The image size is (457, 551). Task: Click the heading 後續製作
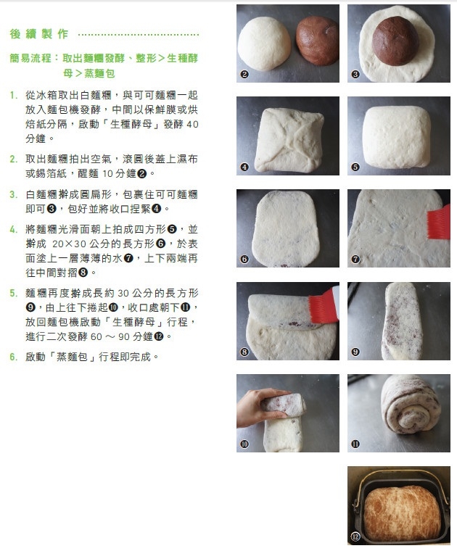coord(39,34)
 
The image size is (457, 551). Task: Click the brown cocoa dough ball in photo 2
coord(317,41)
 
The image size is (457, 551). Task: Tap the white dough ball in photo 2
coord(264,44)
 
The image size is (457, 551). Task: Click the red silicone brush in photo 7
coord(439,223)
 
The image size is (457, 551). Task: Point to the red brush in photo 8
coord(324,304)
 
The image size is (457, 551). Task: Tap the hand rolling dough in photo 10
coord(260,407)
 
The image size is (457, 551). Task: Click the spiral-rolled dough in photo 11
coord(411,405)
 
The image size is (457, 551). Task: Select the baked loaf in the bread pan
coord(401,513)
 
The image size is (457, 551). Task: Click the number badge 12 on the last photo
coord(355,536)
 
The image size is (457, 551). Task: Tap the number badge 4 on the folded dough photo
coord(244,167)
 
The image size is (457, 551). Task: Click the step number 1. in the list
coord(13,95)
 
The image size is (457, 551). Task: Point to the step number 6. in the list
coord(13,357)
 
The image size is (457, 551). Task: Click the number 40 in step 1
coord(192,125)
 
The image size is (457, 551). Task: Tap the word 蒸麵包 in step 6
coord(72,357)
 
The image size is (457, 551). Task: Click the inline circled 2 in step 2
coord(142,173)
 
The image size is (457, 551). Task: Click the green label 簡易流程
coord(30,58)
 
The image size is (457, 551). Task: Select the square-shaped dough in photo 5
coord(397,136)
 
